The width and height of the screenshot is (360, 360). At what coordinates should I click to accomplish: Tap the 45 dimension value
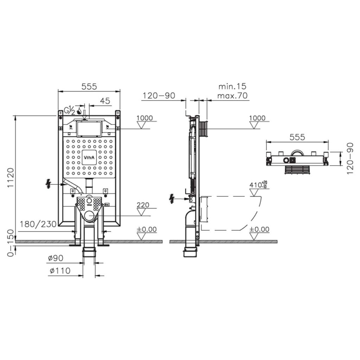pyautogui.click(x=105, y=101)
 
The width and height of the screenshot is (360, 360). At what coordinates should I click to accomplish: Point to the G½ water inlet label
pyautogui.click(x=69, y=110)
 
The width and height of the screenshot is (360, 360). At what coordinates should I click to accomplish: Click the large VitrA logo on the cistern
pyautogui.click(x=89, y=157)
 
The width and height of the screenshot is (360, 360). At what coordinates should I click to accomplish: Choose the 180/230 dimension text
pyautogui.click(x=38, y=224)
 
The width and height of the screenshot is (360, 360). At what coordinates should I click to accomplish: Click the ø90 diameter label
pyautogui.click(x=56, y=258)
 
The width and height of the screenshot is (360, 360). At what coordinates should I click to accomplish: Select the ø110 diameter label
pyautogui.click(x=60, y=271)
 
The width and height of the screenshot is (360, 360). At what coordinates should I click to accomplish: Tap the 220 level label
pyautogui.click(x=143, y=205)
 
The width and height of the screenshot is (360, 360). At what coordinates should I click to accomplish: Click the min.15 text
pyautogui.click(x=232, y=86)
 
